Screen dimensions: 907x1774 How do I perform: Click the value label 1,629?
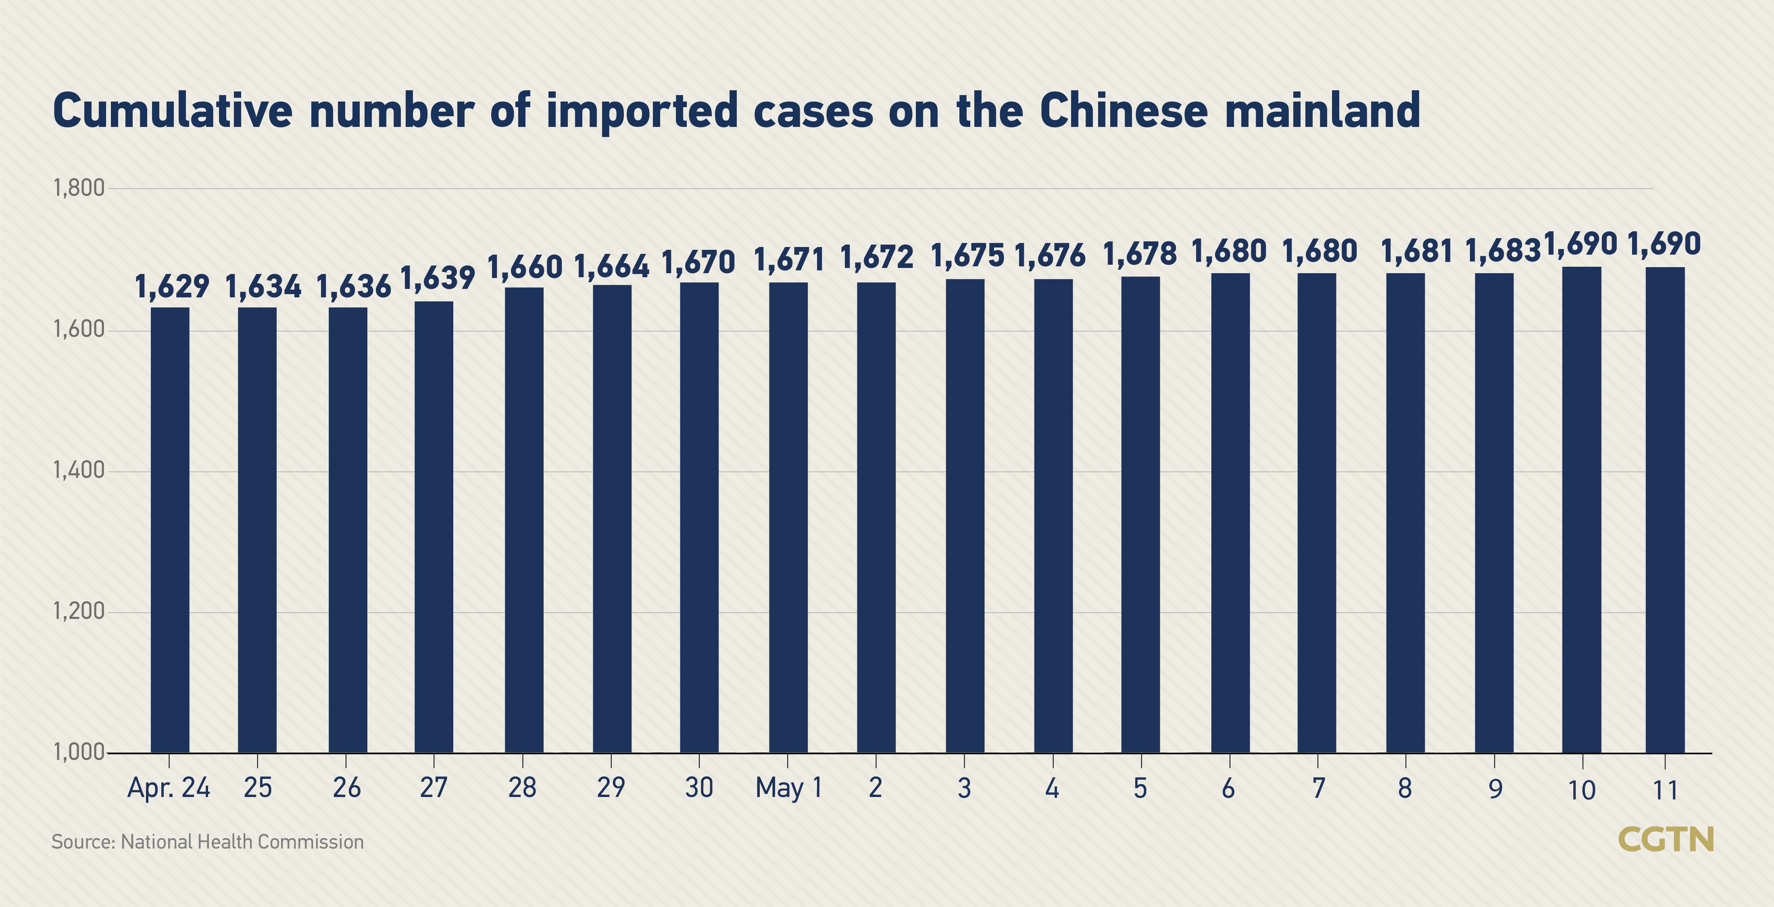(171, 286)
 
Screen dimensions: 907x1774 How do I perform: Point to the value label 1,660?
(525, 267)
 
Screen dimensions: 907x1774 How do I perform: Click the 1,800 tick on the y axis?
(79, 188)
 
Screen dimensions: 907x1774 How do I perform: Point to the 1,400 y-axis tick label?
(79, 471)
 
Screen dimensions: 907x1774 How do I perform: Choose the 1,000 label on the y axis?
(79, 752)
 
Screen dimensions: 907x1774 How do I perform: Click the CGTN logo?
(1665, 840)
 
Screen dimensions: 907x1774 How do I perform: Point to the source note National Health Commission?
(242, 842)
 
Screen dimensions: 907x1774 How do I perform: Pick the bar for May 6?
(1230, 513)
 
